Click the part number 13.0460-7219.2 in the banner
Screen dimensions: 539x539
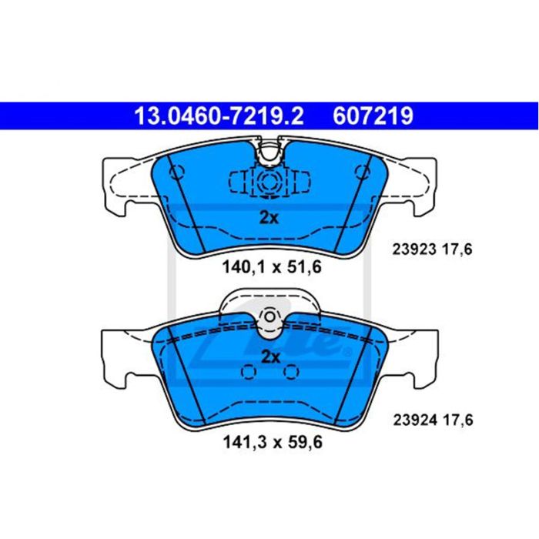coord(219,115)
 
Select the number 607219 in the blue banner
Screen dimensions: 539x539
coord(373,115)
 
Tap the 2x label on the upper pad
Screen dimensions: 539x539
coord(269,218)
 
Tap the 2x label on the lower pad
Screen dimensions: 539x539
coord(270,357)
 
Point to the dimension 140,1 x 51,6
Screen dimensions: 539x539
coord(272,267)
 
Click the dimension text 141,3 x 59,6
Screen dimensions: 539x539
coord(273,442)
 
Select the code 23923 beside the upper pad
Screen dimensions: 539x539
coord(414,249)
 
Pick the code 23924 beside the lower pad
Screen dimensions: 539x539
coord(415,420)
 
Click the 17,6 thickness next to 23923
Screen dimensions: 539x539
coord(457,249)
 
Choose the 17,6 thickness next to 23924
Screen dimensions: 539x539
coord(457,420)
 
